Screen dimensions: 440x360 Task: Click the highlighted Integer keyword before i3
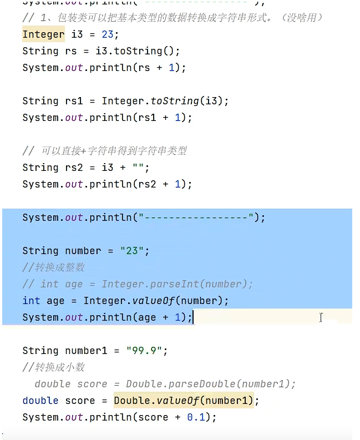[x=43, y=34]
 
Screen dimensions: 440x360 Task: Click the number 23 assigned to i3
[x=107, y=34]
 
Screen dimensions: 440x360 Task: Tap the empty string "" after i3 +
[x=140, y=168]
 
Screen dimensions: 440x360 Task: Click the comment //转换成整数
[x=54, y=267]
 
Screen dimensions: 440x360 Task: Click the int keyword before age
[x=31, y=301]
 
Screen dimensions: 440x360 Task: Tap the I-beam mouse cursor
[x=321, y=317]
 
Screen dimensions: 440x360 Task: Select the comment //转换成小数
[x=54, y=367]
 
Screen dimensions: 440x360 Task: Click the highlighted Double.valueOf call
[x=184, y=401]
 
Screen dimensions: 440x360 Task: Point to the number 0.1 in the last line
[x=196, y=417]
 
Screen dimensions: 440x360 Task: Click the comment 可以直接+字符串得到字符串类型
[x=114, y=151]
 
